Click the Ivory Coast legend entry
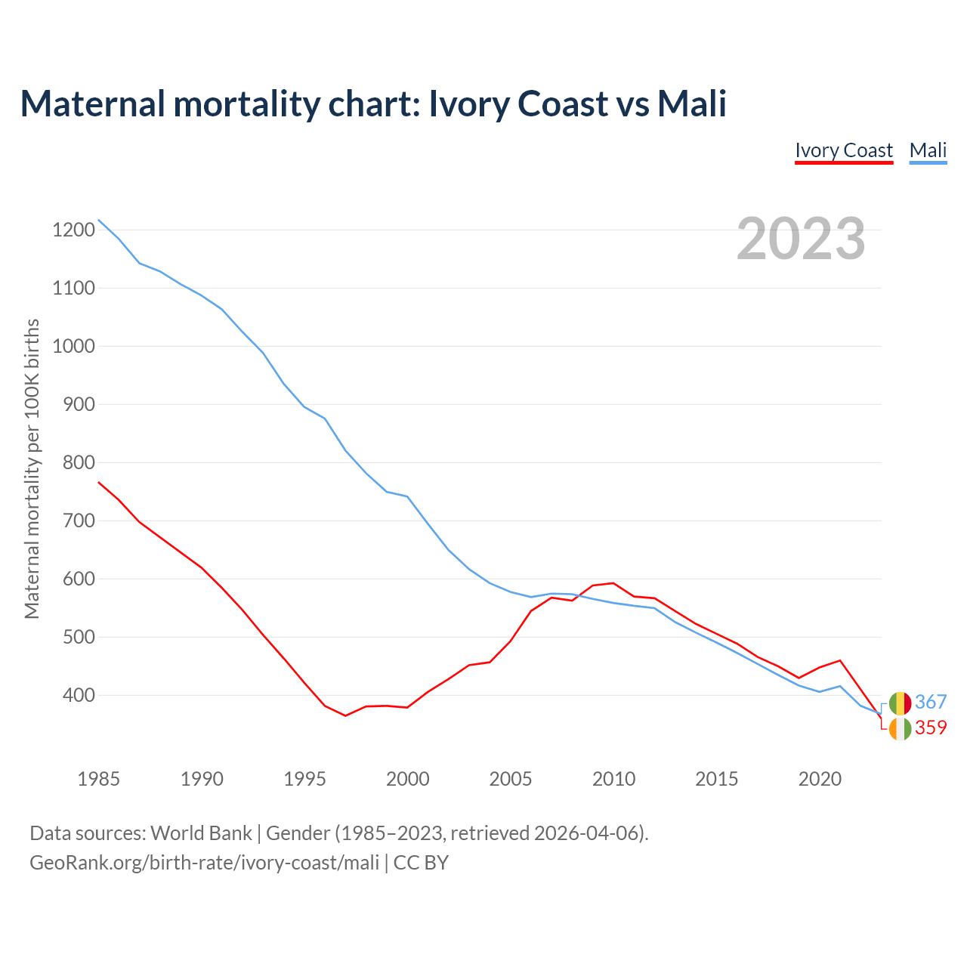tap(844, 150)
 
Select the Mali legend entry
tap(928, 150)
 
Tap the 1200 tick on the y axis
tap(74, 230)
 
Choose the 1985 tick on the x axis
tap(98, 779)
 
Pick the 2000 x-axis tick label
tap(407, 779)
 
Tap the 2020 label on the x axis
tap(820, 779)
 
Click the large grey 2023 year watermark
tap(801, 239)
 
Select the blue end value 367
tap(931, 702)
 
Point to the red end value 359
tap(931, 728)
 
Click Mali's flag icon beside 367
tap(900, 703)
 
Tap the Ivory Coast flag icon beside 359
tap(900, 729)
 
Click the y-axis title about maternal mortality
tap(32, 468)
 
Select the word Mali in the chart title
tap(691, 103)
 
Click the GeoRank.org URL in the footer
tap(204, 863)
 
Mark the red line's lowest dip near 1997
tap(345, 715)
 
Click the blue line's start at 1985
tap(99, 220)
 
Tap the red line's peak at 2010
tap(613, 583)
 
